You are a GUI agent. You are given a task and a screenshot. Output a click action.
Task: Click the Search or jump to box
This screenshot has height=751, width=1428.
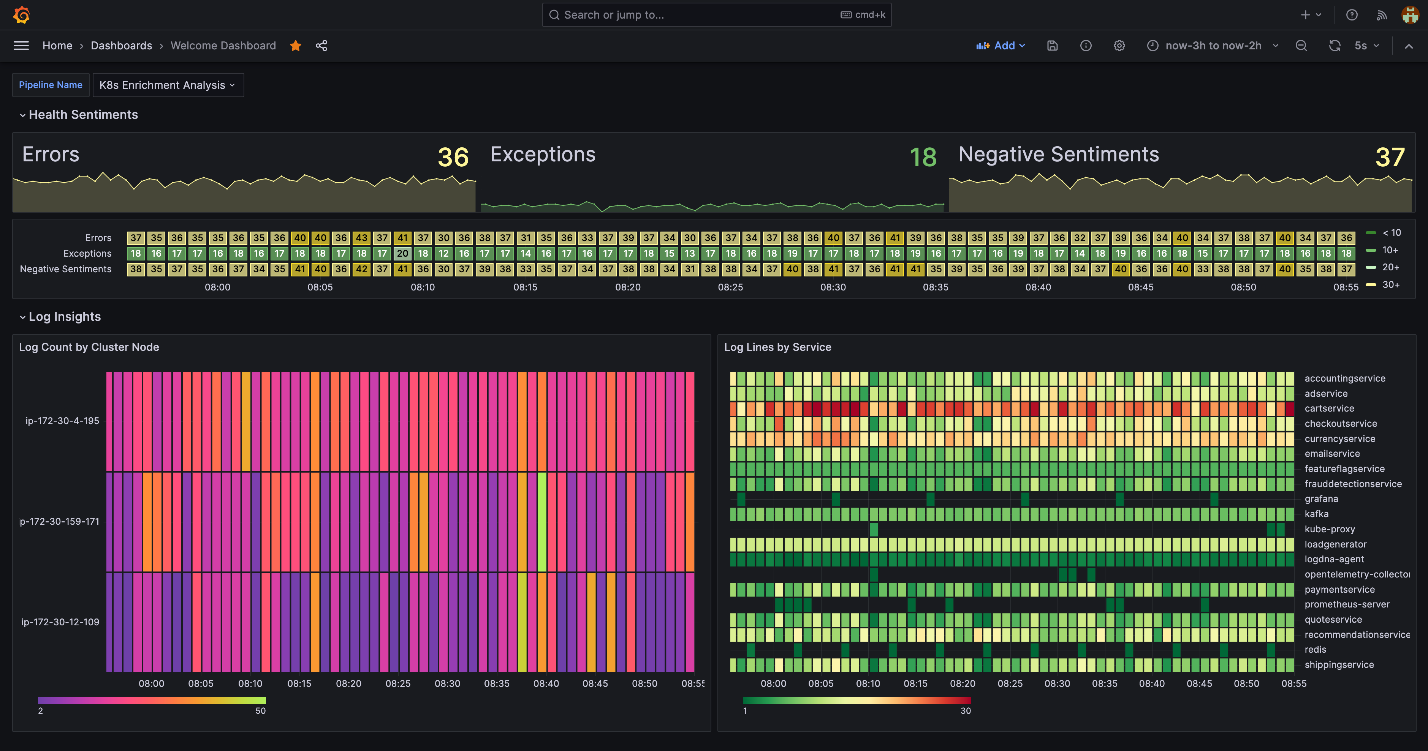point(716,15)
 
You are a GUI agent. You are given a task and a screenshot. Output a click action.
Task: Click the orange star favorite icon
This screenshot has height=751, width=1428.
point(296,46)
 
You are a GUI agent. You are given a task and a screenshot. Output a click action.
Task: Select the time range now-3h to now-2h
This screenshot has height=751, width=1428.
point(1213,46)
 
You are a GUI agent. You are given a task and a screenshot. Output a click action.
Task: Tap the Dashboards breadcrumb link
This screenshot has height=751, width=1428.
point(121,46)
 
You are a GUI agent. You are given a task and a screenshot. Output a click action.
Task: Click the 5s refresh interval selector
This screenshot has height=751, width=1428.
point(1366,46)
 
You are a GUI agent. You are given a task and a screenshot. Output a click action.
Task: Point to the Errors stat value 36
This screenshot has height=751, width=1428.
point(453,157)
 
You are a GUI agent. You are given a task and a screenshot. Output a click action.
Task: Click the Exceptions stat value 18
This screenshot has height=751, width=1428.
point(923,157)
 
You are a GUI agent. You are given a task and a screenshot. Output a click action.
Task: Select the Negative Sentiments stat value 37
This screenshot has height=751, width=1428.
point(1390,157)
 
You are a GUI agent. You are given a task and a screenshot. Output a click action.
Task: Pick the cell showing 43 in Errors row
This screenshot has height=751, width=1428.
point(361,238)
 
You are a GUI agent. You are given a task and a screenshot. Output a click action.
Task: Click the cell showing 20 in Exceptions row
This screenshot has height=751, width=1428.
point(402,253)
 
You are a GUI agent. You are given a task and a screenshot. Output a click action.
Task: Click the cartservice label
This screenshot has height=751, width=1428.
point(1329,408)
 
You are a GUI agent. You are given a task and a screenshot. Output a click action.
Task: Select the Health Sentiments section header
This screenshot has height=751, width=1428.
point(83,115)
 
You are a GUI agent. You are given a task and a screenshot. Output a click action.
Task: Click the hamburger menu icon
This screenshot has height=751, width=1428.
point(21,46)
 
